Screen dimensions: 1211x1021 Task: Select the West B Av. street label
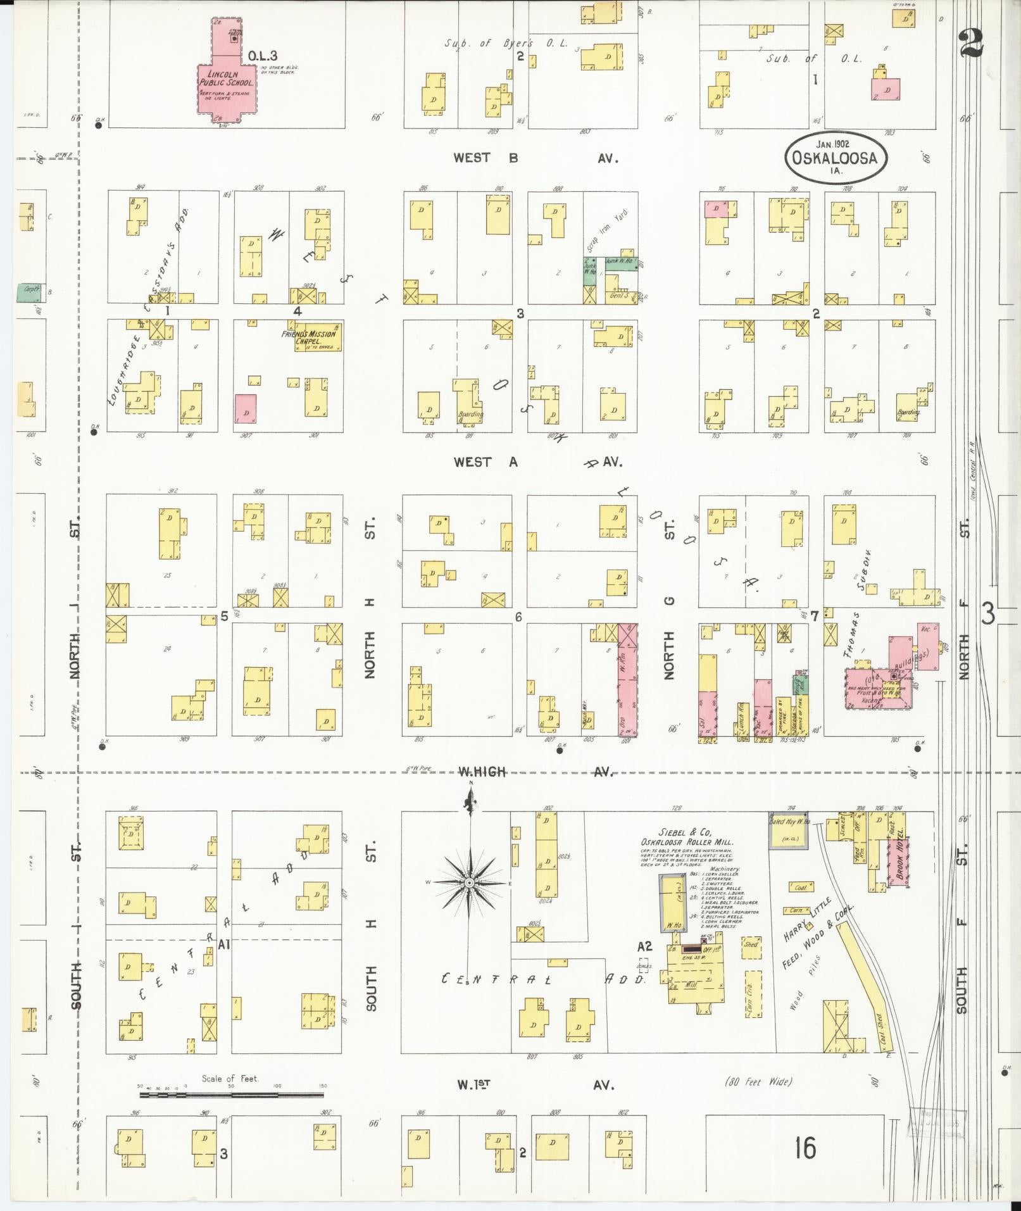[x=535, y=158]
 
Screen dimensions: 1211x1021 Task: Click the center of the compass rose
[x=470, y=882]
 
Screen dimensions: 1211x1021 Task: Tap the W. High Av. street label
[x=535, y=772]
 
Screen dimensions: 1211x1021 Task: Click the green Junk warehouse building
[x=621, y=265]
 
